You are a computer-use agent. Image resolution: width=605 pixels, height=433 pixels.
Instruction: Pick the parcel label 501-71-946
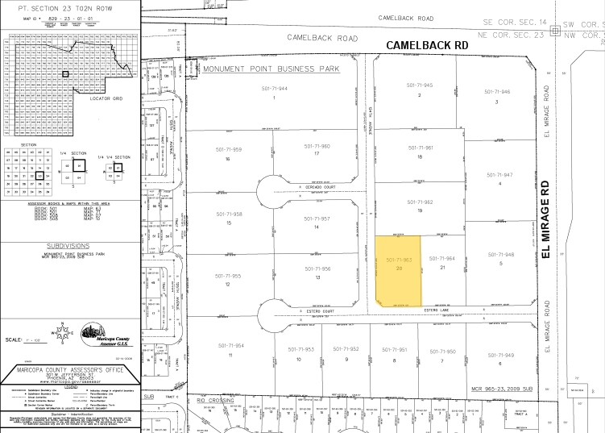[x=498, y=92]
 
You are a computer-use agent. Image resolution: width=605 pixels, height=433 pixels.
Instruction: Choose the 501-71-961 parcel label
[x=421, y=148]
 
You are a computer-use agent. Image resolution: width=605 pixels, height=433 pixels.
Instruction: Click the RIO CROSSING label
[x=213, y=398]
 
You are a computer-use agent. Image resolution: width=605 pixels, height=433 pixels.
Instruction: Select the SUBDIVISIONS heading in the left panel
[x=68, y=241]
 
